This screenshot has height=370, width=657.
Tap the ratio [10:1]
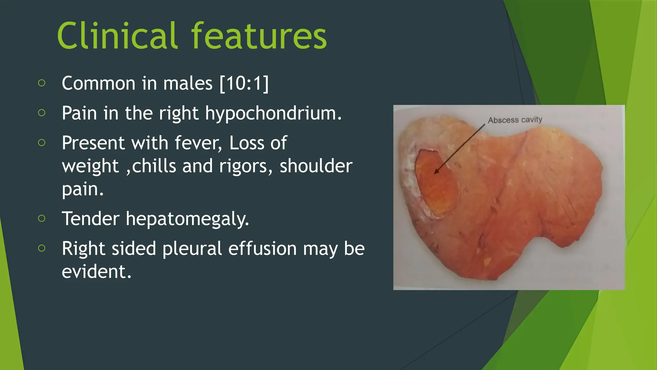coord(244,84)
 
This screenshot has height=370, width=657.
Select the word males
coord(188,84)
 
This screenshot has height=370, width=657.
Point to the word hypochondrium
coord(273,113)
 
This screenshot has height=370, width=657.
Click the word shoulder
coord(316,166)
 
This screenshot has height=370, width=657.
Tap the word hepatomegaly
coord(187,219)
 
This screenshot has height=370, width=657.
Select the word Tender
coord(90,219)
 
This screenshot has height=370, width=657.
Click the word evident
coord(96,272)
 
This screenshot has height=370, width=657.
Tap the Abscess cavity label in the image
coord(515,120)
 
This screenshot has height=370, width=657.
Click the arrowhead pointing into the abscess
coord(437,172)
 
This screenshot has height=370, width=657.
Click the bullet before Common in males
coord(41,83)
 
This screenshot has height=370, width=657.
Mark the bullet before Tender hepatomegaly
coord(41,219)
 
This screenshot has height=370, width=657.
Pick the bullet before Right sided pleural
coord(41,248)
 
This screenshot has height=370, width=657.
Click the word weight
coord(90,166)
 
